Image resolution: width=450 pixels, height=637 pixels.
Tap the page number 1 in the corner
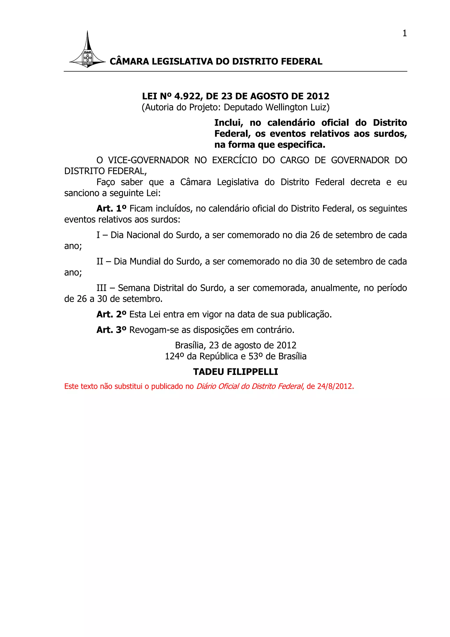[405, 33]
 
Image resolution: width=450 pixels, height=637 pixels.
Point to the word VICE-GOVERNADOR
[148, 160]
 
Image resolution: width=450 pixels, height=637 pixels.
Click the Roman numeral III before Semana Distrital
[102, 288]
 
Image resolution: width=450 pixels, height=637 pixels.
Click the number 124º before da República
[175, 356]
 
